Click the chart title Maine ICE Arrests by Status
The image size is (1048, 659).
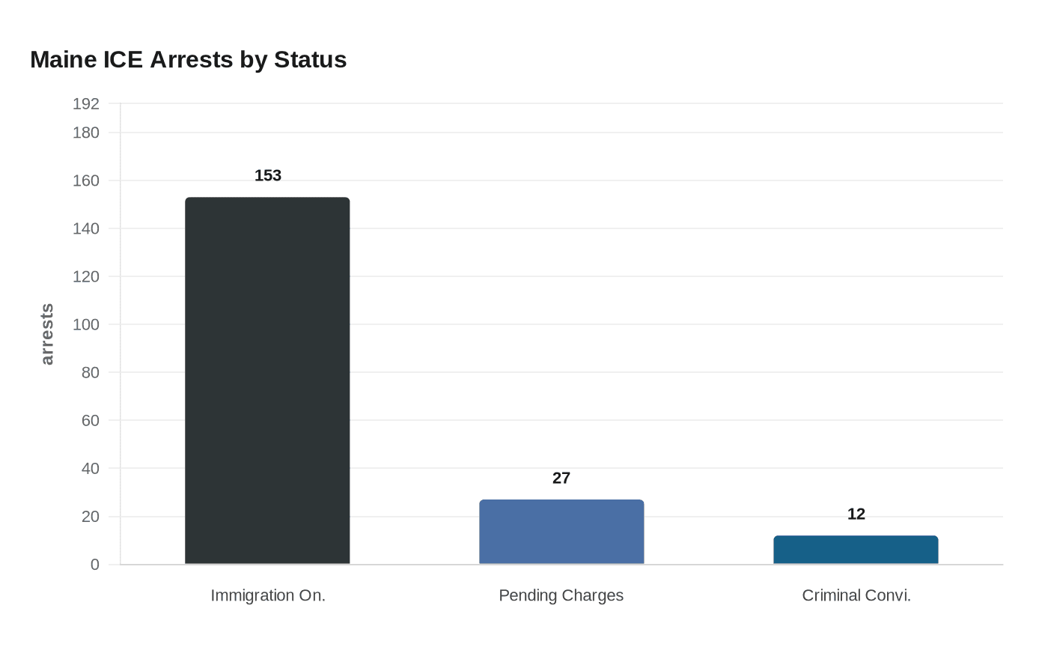tap(188, 60)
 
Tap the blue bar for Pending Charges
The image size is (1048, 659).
tap(561, 532)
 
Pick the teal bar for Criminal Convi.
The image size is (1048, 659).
tap(856, 550)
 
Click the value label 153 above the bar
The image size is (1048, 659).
tap(268, 176)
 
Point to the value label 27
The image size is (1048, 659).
tap(561, 479)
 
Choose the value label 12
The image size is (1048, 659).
tap(856, 514)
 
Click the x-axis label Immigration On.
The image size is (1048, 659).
tap(268, 595)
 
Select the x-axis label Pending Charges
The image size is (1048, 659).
tap(561, 595)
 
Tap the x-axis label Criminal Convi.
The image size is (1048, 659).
tap(856, 595)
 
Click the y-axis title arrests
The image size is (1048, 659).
tap(47, 334)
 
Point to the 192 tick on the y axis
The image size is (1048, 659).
tap(86, 104)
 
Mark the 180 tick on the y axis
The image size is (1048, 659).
tap(86, 133)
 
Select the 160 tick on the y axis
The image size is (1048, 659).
tap(86, 180)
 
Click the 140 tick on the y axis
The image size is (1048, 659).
tap(86, 228)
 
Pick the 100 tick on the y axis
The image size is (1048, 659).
tap(86, 324)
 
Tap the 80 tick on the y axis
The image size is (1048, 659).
tap(91, 372)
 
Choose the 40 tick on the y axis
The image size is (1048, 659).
tap(91, 469)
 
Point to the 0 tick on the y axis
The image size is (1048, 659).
tap(95, 565)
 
